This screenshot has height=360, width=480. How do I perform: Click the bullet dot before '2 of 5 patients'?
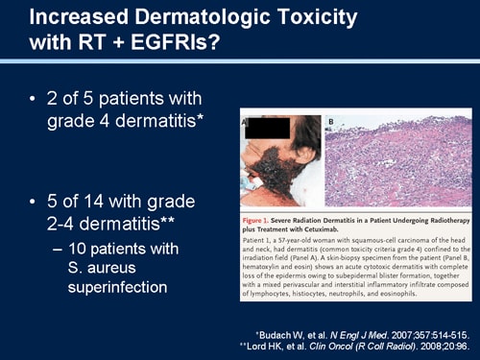coord(35,99)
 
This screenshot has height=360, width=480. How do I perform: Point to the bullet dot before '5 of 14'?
coord(35,204)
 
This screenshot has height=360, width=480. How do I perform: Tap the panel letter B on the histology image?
coord(333,123)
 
